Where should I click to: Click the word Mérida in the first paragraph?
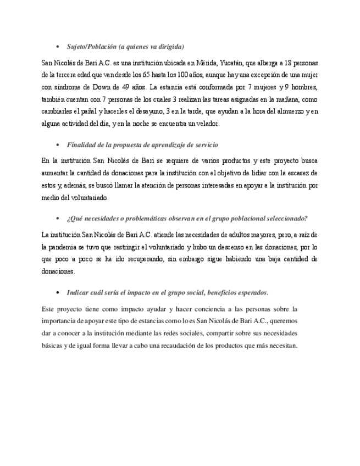click(x=206, y=63)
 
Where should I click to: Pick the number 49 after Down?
click(x=125, y=87)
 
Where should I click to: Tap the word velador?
click(x=208, y=124)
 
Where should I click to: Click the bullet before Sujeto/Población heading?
click(x=58, y=47)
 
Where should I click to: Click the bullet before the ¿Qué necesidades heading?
click(x=58, y=219)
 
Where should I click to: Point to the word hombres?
click(x=304, y=87)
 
